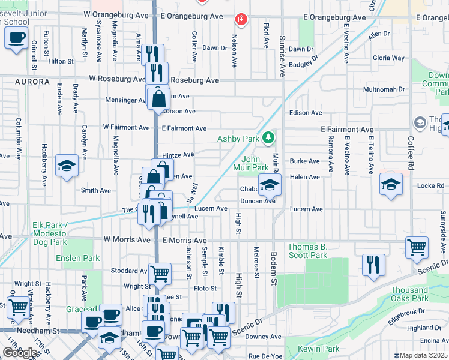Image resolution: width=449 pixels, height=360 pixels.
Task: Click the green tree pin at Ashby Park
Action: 269,139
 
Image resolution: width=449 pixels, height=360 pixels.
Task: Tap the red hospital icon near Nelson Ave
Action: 241,20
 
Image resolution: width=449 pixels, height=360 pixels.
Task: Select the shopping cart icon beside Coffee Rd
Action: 417,247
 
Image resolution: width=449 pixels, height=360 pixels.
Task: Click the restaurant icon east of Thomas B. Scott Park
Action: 373,265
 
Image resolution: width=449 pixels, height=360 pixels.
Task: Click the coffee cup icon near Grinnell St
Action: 16,40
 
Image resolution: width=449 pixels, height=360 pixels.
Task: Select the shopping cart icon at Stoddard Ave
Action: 160,274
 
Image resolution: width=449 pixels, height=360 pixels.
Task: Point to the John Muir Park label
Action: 255,163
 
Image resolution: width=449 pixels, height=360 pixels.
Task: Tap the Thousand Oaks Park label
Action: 409,294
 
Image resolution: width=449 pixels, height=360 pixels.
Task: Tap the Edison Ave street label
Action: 305,113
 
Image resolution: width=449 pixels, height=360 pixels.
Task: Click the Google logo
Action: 20,353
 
